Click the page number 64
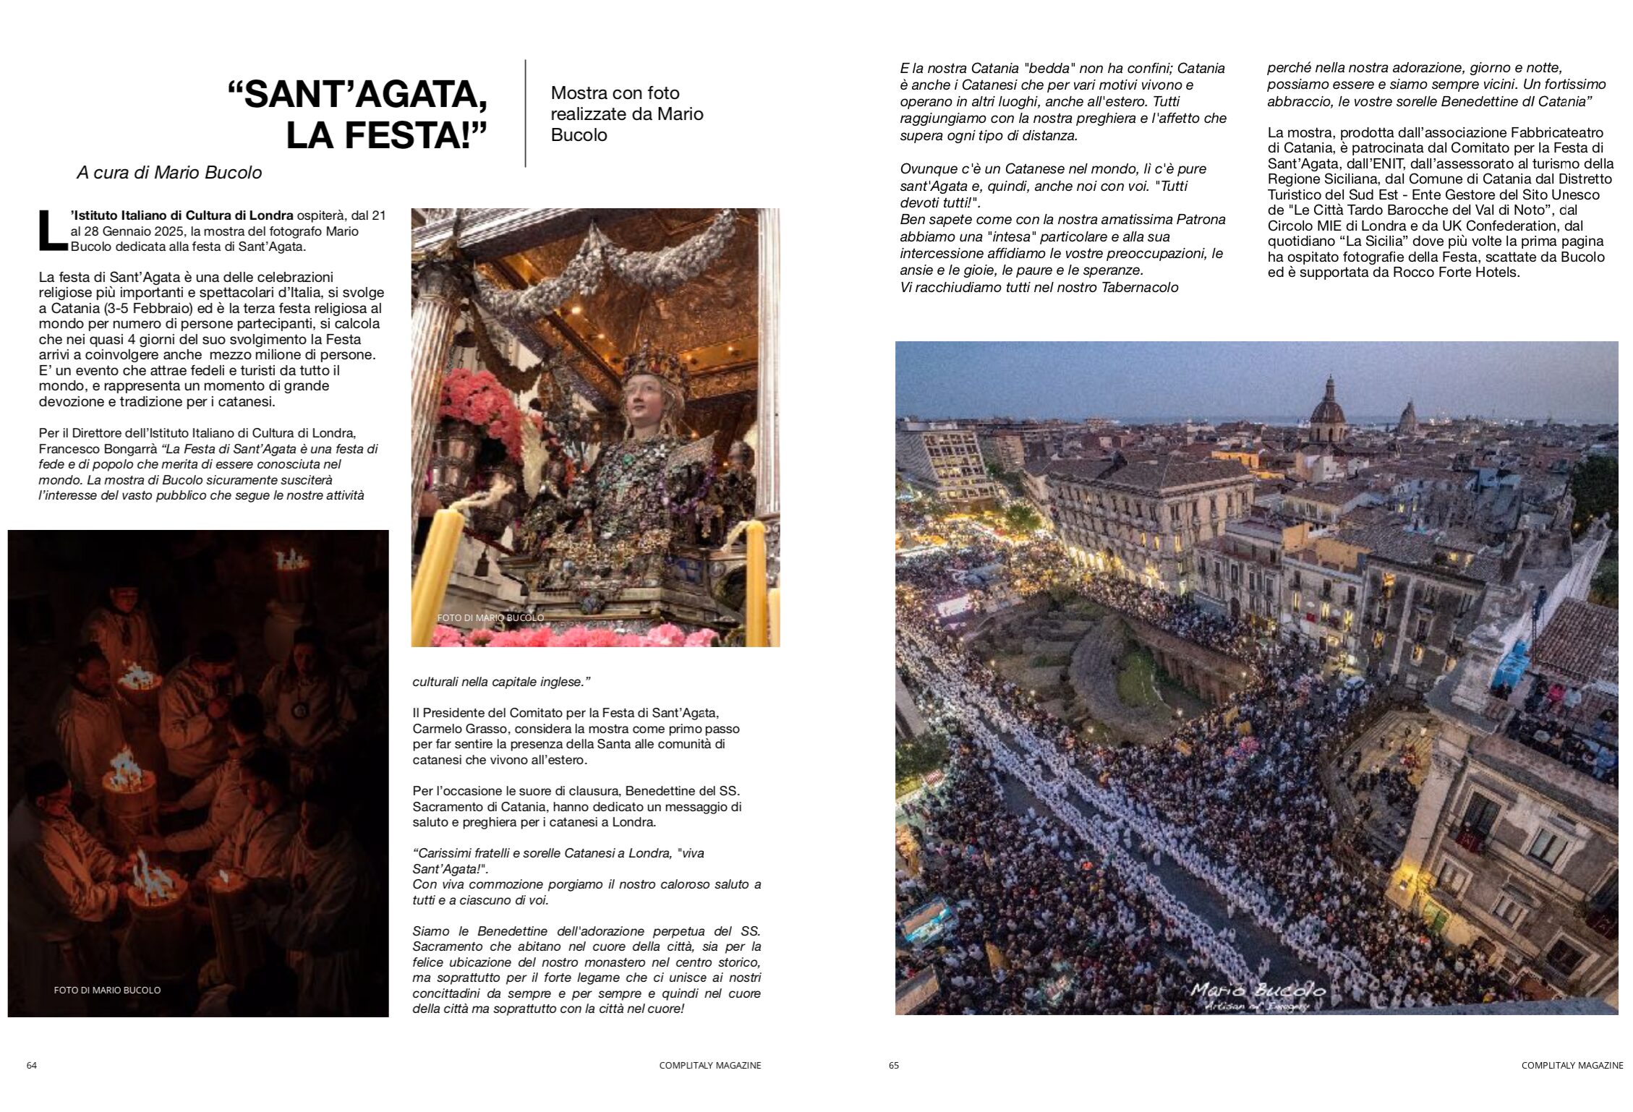pyautogui.click(x=32, y=1065)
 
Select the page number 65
pyautogui.click(x=894, y=1065)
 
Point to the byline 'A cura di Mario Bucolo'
pyautogui.click(x=169, y=174)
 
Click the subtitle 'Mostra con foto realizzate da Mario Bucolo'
pyautogui.click(x=626, y=114)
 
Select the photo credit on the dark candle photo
pyautogui.click(x=107, y=990)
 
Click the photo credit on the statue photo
pyautogui.click(x=490, y=617)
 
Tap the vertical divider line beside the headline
pyautogui.click(x=525, y=114)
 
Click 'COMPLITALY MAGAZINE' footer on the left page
pyautogui.click(x=709, y=1065)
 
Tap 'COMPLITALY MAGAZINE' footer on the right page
pyautogui.click(x=1572, y=1065)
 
